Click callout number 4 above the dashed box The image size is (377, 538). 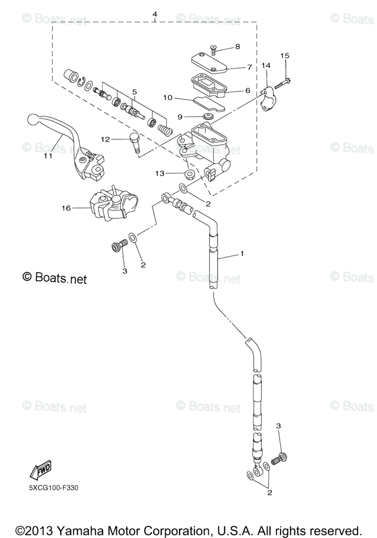click(x=154, y=14)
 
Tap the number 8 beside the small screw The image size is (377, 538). click(x=237, y=46)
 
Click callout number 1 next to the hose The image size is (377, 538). click(x=242, y=254)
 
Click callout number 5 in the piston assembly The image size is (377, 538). click(x=134, y=91)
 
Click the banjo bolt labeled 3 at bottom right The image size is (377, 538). click(x=281, y=458)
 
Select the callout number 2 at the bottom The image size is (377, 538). click(x=270, y=493)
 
